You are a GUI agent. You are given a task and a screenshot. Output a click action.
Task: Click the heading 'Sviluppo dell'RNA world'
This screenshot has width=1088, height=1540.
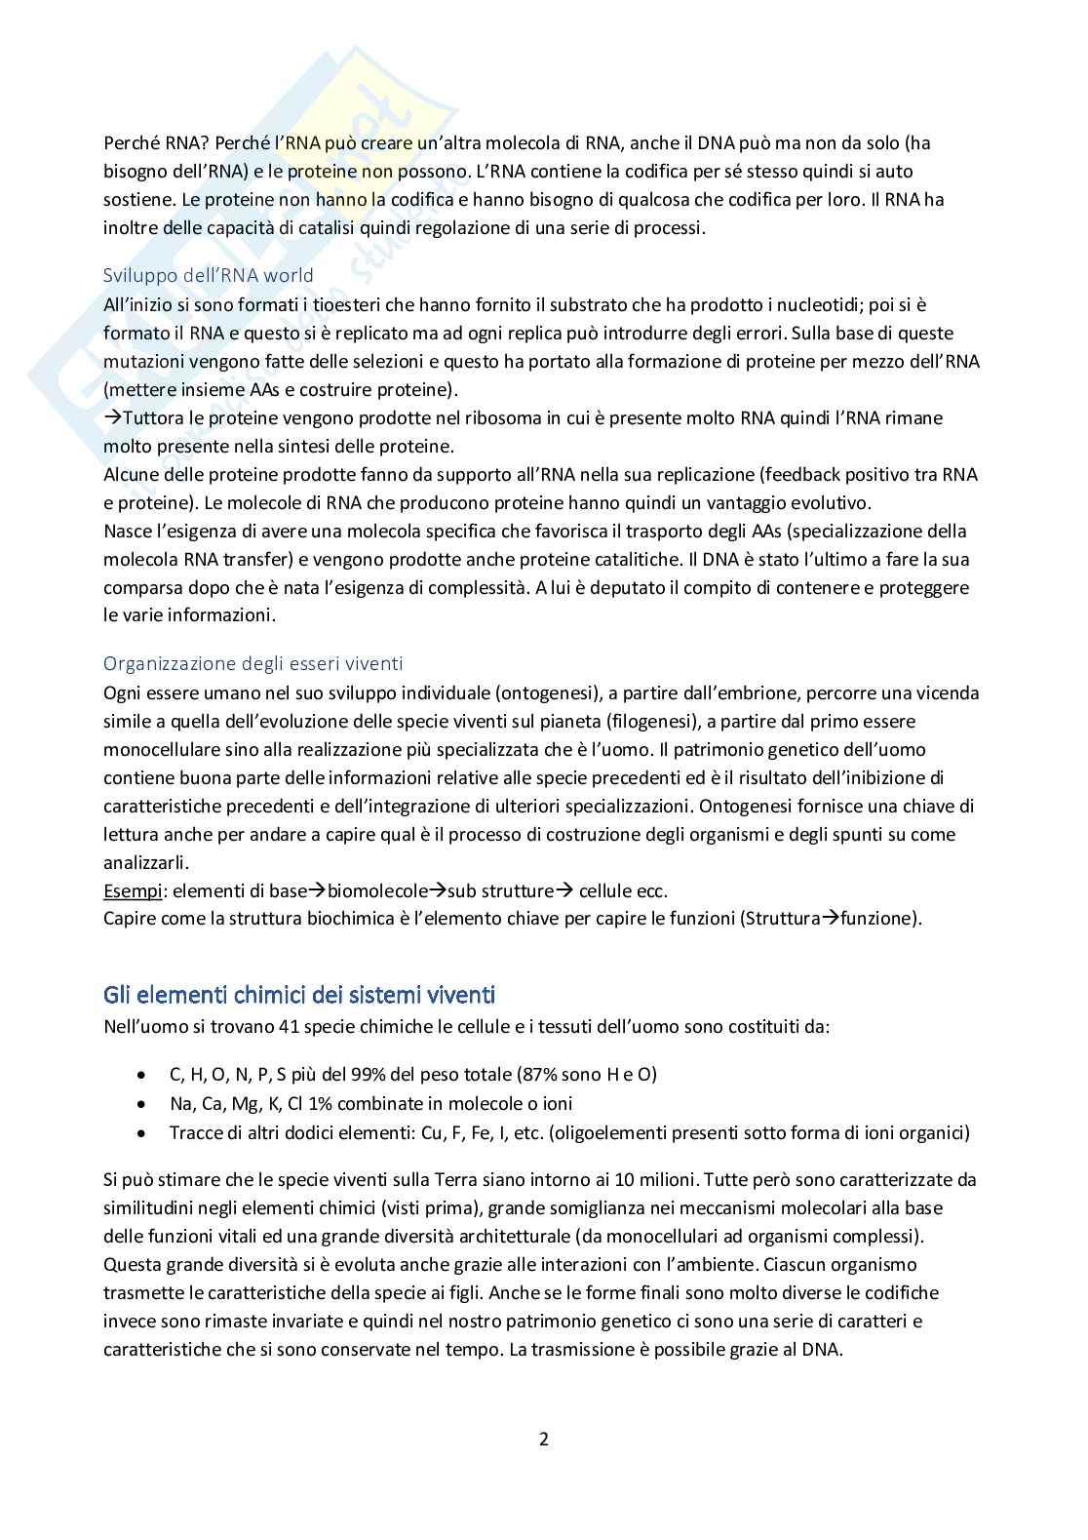coord(209,275)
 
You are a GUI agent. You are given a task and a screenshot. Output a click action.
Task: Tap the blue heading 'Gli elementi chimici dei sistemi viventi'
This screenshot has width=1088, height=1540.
coord(299,996)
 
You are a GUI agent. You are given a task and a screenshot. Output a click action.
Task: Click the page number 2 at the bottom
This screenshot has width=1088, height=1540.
coord(544,1439)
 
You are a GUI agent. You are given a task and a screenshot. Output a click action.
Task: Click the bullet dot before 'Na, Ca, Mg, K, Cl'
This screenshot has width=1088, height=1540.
coord(143,1104)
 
